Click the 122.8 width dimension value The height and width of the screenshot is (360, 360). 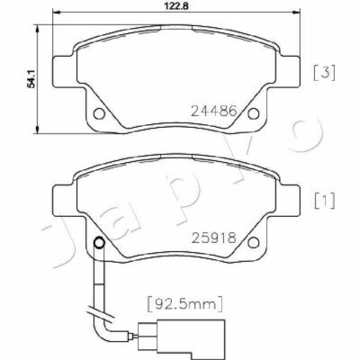point(176,5)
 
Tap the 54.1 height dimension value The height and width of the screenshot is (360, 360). point(31,78)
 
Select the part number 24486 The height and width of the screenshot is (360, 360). point(214,112)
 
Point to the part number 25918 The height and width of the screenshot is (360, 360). point(214,238)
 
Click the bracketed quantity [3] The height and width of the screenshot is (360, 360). point(324,73)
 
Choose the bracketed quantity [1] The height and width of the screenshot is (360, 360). point(324,201)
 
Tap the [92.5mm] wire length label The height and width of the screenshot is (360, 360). point(185,303)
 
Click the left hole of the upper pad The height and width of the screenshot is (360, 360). point(99,113)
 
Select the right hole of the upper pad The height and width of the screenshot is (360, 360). point(254,113)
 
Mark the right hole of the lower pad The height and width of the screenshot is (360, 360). point(254,242)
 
